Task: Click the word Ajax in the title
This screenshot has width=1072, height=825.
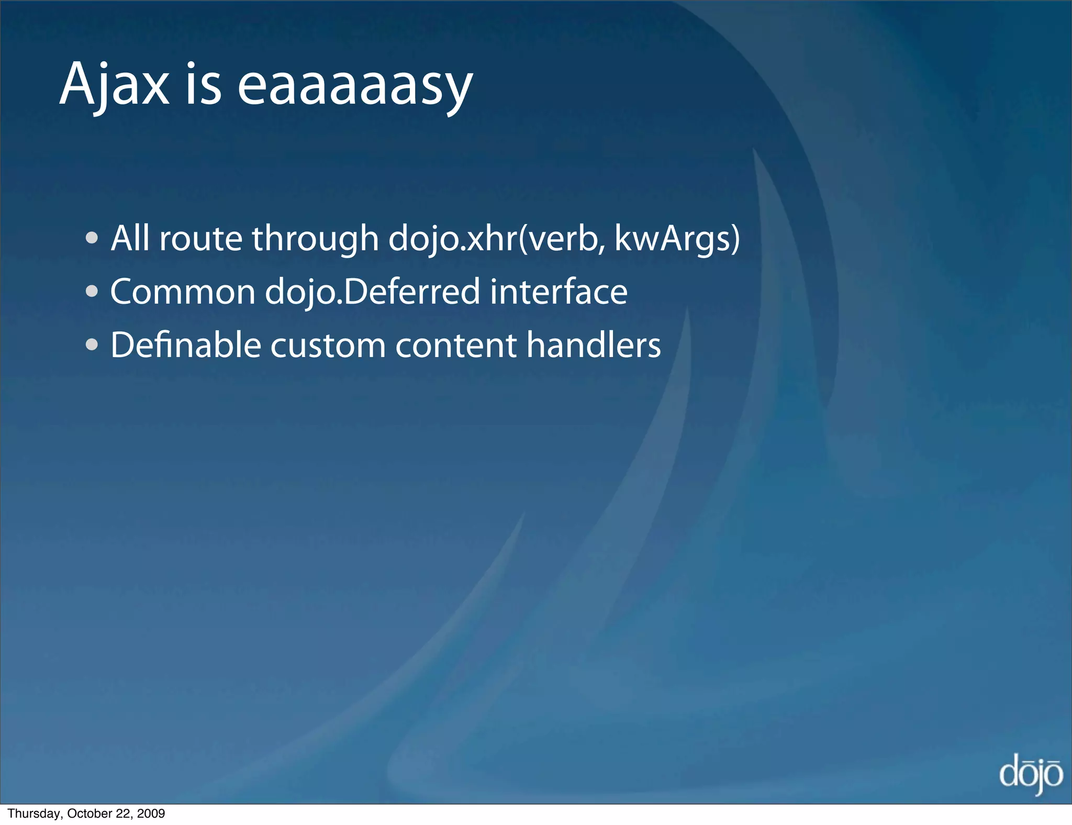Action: pos(114,84)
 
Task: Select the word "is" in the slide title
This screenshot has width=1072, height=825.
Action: pos(203,84)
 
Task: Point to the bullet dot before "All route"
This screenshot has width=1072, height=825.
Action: pos(92,239)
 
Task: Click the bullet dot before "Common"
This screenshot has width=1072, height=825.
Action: pos(92,292)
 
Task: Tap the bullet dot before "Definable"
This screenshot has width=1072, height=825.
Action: pos(92,345)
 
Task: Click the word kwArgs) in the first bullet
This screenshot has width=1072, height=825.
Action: pos(677,239)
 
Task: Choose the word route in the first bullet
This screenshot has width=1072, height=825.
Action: pos(200,239)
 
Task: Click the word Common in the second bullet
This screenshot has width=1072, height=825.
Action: pos(183,292)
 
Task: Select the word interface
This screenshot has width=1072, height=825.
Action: pos(559,292)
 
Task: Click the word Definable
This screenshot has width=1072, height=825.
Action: pos(186,345)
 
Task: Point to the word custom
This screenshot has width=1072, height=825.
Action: pos(328,345)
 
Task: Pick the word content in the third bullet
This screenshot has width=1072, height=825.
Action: pos(456,345)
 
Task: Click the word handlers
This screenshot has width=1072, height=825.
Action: pos(594,345)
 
